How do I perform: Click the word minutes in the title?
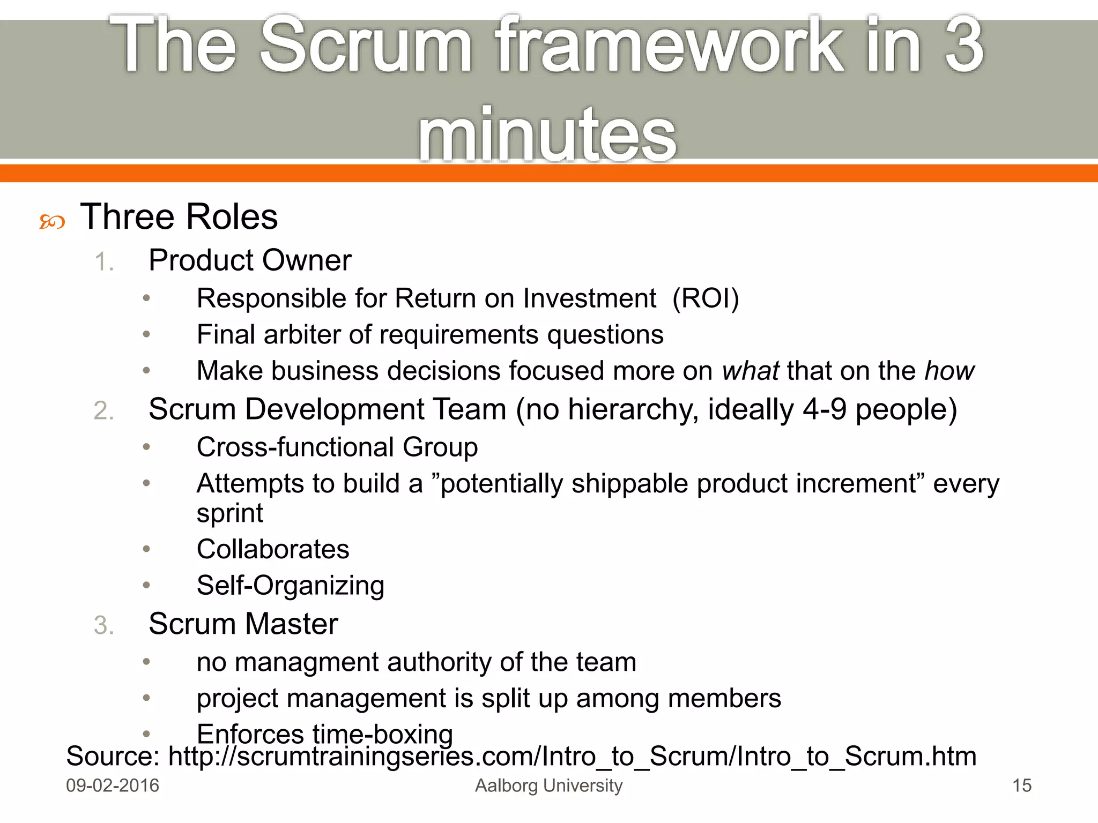(547, 134)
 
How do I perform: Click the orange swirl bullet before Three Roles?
(52, 221)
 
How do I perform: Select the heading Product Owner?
(250, 260)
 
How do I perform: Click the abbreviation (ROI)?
(706, 298)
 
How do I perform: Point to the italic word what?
(750, 371)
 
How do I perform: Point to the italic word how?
(949, 371)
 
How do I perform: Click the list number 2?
(103, 411)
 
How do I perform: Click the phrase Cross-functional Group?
(337, 447)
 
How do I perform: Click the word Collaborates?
(273, 549)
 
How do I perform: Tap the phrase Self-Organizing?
(291, 586)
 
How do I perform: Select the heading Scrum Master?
(243, 624)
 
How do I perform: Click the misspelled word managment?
(307, 662)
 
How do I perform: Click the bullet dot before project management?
(146, 698)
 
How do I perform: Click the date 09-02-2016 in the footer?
(113, 785)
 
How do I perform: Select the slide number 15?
(1021, 785)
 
